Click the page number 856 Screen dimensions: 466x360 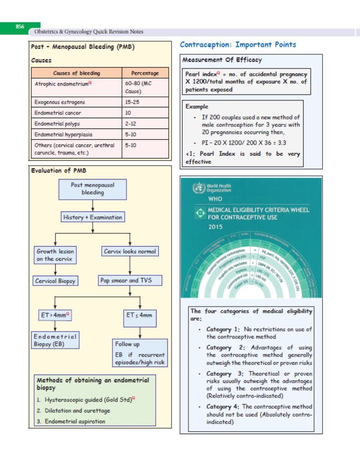[x=20, y=27]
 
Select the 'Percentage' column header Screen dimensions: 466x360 [x=145, y=73]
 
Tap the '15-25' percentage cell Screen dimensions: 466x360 [x=131, y=102]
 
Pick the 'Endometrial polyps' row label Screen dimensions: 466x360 [x=57, y=124]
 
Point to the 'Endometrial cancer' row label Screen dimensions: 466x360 [x=58, y=113]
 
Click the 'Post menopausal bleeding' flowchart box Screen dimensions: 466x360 [x=92, y=188]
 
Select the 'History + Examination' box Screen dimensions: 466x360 [x=92, y=217]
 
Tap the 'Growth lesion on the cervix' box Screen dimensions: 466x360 [x=55, y=255]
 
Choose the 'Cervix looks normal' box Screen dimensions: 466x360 [x=130, y=251]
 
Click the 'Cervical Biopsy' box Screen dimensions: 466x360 [x=55, y=281]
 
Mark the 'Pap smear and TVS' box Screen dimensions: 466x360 [x=131, y=280]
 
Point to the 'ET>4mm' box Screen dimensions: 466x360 [x=55, y=316]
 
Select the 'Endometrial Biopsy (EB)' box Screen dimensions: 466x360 [x=55, y=340]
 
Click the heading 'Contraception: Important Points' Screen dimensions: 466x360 [x=238, y=45]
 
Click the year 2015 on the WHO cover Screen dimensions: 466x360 [x=217, y=227]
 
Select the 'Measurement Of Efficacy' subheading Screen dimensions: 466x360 [x=222, y=60]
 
